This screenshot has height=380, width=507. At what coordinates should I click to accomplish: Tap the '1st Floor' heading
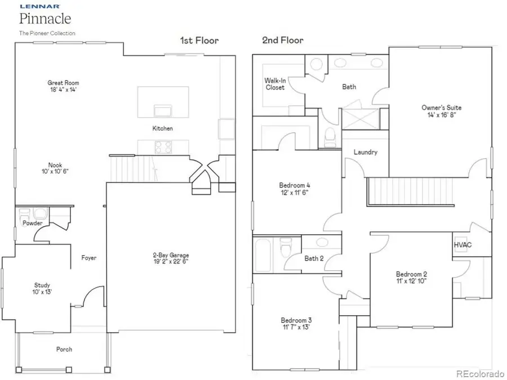(x=199, y=41)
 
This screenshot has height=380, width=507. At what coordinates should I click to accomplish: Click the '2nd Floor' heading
(x=282, y=41)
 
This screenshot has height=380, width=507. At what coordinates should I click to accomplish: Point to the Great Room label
(x=63, y=83)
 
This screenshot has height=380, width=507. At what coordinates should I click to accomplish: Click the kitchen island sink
(x=162, y=109)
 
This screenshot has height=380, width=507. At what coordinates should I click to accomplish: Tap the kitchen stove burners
(x=163, y=146)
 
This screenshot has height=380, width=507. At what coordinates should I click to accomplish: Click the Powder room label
(x=33, y=223)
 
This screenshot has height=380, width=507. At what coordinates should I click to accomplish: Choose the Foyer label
(x=88, y=258)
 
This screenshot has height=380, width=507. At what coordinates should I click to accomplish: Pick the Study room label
(x=42, y=285)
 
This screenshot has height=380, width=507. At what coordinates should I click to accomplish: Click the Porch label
(x=64, y=350)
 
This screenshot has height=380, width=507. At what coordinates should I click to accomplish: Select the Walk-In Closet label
(x=275, y=84)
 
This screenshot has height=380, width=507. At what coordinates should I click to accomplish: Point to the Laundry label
(x=365, y=153)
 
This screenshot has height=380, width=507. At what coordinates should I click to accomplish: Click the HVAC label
(x=462, y=245)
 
